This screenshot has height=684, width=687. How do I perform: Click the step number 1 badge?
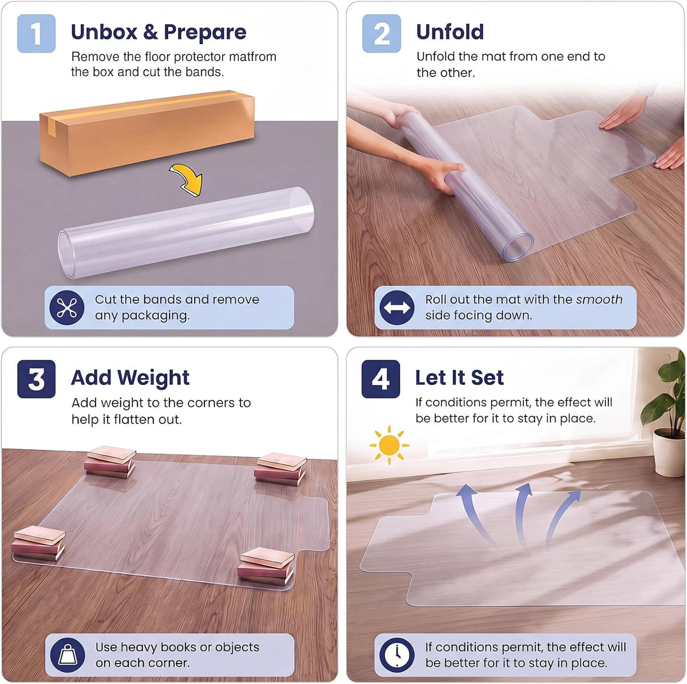click(36, 33)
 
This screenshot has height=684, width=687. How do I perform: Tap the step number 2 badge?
click(381, 33)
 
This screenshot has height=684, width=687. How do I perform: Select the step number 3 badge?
click(36, 379)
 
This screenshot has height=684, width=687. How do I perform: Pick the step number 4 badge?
click(380, 379)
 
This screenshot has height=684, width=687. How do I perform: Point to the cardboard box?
click(147, 133)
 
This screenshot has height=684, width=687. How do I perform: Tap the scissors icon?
click(67, 307)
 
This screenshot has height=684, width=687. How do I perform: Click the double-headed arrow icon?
click(397, 307)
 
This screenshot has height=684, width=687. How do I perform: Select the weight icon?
click(68, 655)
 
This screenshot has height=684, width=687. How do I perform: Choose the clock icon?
click(397, 655)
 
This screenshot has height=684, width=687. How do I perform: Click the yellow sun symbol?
click(389, 445)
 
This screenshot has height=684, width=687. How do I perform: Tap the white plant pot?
click(669, 453)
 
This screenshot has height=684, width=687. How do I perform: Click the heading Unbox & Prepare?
click(159, 32)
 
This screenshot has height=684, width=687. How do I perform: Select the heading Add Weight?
click(130, 378)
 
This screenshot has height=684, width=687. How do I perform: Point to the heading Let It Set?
click(459, 378)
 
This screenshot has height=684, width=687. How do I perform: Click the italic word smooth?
click(599, 300)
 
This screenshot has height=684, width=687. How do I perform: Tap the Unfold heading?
click(450, 32)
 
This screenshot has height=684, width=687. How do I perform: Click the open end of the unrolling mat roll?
click(518, 246)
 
